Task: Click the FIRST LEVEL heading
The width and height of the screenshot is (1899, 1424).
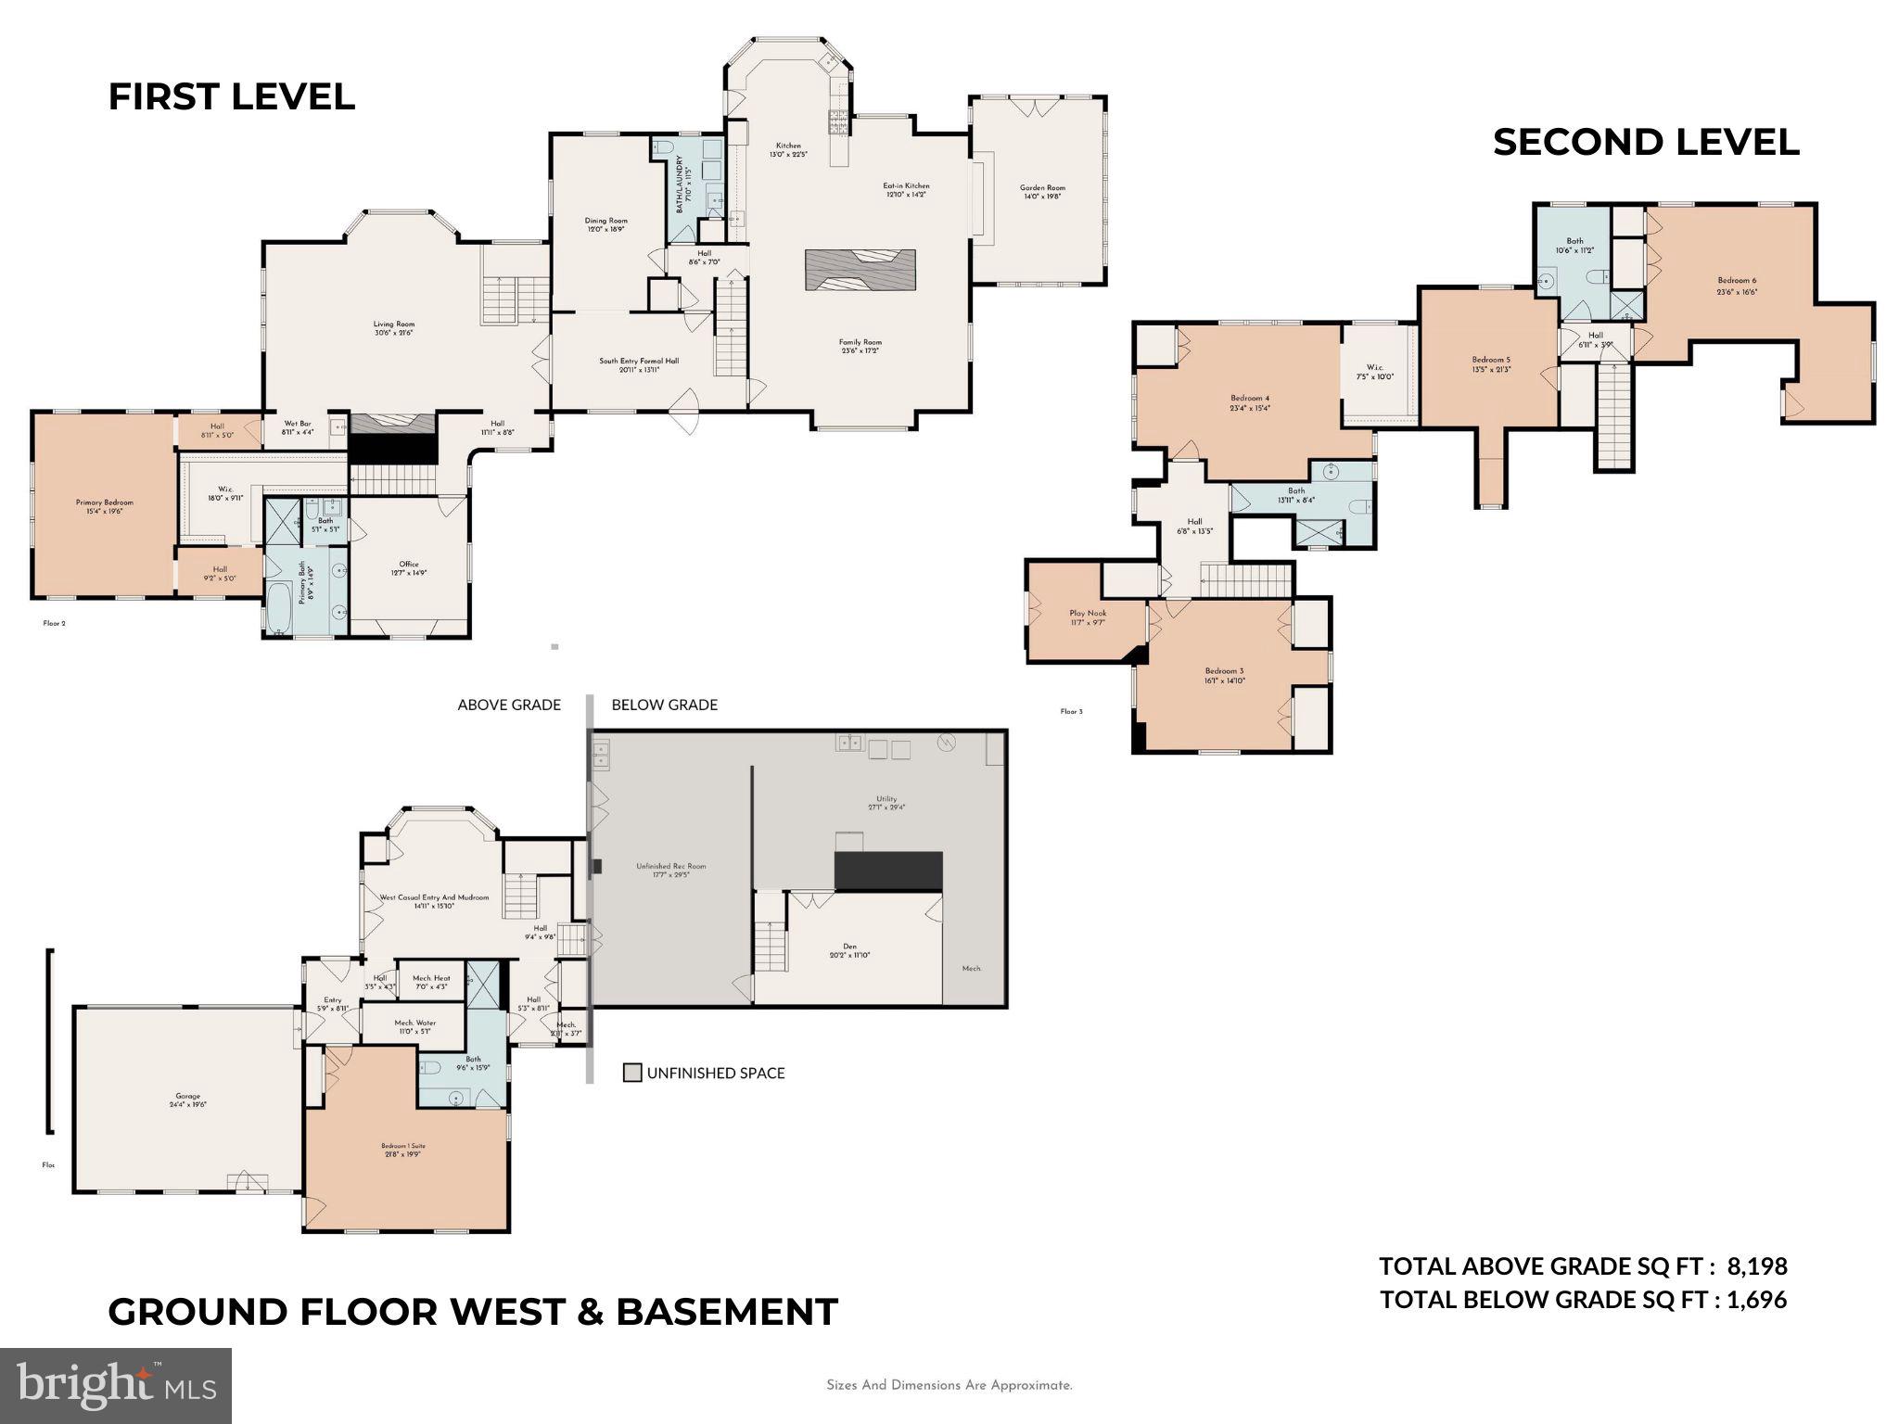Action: (231, 97)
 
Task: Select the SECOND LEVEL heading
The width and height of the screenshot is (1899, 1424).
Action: (1646, 143)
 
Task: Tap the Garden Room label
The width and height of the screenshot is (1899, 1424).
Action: (1042, 188)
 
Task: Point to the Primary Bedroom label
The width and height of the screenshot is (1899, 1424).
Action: (104, 503)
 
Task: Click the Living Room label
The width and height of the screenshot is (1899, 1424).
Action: (394, 324)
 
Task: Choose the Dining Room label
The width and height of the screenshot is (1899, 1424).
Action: (605, 221)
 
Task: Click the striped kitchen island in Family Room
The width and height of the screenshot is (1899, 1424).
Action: (860, 271)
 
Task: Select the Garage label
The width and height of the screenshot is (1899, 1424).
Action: (187, 1097)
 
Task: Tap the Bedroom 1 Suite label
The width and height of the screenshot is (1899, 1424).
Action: (402, 1147)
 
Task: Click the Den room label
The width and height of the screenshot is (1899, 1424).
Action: (849, 947)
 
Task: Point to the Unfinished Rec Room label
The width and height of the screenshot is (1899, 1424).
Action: (670, 866)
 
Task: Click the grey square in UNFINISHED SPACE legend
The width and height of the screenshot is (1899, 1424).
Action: (632, 1073)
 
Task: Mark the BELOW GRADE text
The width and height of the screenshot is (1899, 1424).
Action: (664, 705)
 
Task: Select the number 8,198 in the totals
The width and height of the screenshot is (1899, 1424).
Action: (1756, 1266)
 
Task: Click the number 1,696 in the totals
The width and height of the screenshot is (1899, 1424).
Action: (1756, 1300)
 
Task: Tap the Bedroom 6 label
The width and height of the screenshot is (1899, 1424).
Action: (1736, 281)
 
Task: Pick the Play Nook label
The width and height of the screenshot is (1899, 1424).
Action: (1088, 613)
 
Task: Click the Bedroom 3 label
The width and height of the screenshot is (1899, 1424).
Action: (1224, 671)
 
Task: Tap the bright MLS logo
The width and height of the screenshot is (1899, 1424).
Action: (116, 1385)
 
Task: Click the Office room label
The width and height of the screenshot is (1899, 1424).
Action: (409, 565)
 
